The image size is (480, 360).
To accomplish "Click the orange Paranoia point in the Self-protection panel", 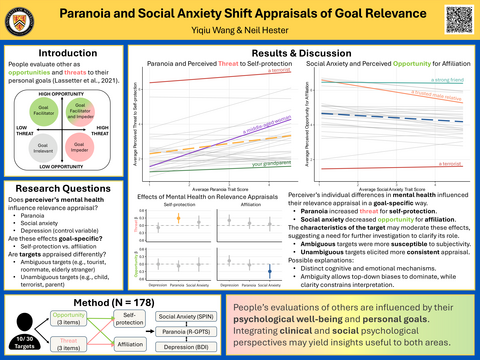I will tap(177, 216).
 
